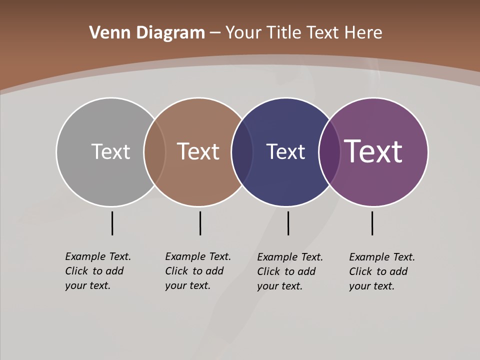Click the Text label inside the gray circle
[110, 151]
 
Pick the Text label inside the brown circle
[198, 151]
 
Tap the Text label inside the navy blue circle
[285, 151]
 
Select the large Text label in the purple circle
[373, 151]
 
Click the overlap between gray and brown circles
[154, 152]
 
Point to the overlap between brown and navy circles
[242, 152]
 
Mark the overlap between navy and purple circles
[329, 152]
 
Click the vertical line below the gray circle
[112, 223]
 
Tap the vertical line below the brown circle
[200, 223]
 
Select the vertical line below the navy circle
[288, 223]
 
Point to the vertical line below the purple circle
[372, 223]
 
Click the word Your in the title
[243, 33]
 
